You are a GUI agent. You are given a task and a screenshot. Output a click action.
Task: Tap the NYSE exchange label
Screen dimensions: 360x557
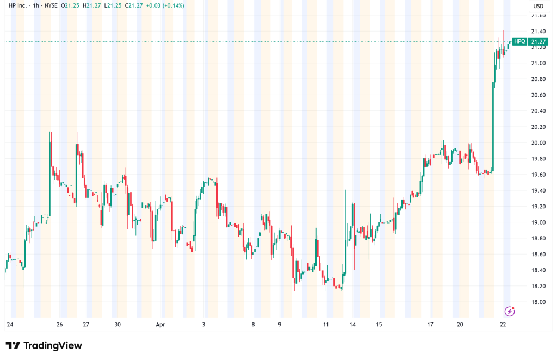(51, 5)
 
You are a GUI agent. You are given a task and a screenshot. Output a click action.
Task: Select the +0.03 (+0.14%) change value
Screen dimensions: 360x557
(166, 5)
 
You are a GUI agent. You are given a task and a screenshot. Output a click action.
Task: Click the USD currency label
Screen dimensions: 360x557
(538, 6)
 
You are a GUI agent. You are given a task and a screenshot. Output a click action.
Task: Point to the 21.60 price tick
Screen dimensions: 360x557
(538, 15)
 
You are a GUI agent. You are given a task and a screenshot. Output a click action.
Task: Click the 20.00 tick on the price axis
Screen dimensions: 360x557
(538, 142)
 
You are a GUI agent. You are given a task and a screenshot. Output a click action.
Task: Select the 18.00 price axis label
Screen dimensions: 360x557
(538, 302)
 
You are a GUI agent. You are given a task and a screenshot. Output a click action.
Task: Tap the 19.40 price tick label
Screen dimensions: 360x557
(538, 190)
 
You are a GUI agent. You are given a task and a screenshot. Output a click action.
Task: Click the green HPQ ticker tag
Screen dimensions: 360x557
(519, 41)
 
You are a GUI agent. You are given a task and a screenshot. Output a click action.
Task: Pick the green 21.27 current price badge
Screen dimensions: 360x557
(538, 41)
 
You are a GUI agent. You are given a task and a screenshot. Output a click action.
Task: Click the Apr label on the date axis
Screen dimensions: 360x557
(160, 325)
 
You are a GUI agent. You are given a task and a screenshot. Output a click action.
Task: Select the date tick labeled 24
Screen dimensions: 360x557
(10, 325)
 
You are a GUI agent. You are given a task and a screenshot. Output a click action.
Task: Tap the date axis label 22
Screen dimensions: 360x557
(503, 325)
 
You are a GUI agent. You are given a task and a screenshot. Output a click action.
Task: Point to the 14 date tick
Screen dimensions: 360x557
(352, 325)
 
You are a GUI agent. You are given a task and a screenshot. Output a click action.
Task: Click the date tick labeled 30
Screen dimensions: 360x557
(117, 325)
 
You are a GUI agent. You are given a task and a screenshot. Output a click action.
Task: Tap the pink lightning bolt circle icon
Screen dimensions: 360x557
(510, 311)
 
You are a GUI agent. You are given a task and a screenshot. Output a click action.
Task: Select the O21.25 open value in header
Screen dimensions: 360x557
(69, 5)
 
